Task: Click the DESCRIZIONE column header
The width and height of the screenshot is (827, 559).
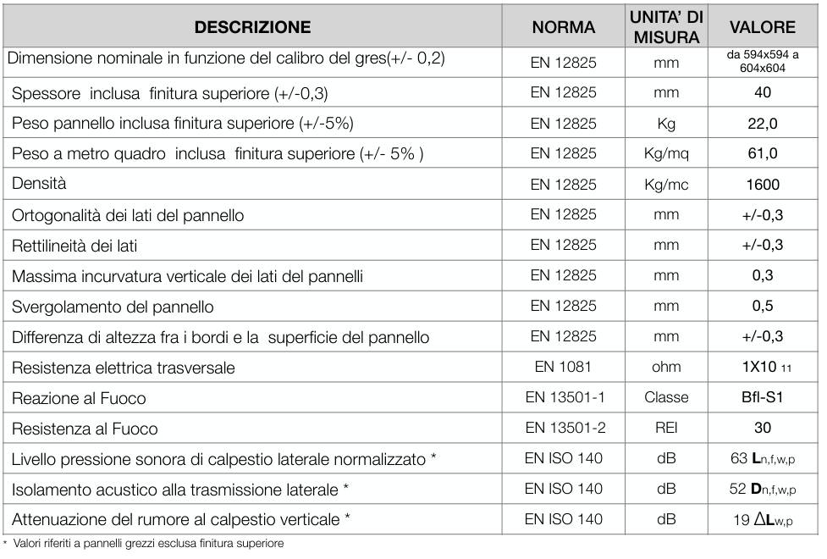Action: pos(252,27)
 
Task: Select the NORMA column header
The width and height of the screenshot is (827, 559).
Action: pos(563,27)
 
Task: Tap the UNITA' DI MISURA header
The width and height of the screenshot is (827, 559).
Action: pos(665,27)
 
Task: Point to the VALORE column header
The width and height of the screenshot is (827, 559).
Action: pos(762,27)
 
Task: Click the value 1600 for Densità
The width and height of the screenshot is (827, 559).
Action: pos(762,185)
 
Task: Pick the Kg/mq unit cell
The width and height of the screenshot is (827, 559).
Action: pos(666,153)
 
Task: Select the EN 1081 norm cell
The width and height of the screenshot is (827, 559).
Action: pos(563,367)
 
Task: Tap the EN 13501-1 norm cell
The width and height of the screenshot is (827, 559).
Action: pos(563,397)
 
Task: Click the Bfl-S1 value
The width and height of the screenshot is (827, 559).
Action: pos(762,397)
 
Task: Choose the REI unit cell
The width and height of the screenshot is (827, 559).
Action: pos(666,428)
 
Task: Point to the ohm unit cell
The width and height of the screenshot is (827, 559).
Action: pos(666,367)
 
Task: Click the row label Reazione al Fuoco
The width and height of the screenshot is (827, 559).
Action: pos(79,398)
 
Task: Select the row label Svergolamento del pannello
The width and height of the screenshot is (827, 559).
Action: pos(113,307)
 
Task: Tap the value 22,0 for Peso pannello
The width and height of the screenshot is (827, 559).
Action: pos(762,123)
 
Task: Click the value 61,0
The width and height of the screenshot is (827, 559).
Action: pos(762,153)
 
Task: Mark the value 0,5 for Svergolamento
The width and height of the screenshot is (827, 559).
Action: pos(762,307)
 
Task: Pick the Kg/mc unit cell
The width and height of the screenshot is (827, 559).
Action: pos(666,185)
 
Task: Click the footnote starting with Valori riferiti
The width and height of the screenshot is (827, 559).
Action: pos(146,544)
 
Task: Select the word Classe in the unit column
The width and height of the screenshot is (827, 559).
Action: pos(666,397)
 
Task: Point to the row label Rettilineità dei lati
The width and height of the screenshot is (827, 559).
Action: pos(74,246)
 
